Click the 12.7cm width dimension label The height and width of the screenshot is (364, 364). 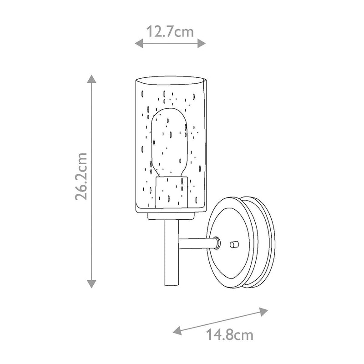point(170,31)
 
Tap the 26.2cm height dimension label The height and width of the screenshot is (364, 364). point(81,177)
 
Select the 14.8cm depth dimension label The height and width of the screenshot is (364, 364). point(230,335)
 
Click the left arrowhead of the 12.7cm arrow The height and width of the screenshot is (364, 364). point(139,43)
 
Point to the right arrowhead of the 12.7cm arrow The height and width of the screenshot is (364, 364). point(201,43)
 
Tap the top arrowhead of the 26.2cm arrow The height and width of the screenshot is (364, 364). point(92,79)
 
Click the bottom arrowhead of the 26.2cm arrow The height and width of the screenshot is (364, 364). point(92,284)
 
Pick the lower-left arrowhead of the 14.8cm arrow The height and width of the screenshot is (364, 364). point(177,330)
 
